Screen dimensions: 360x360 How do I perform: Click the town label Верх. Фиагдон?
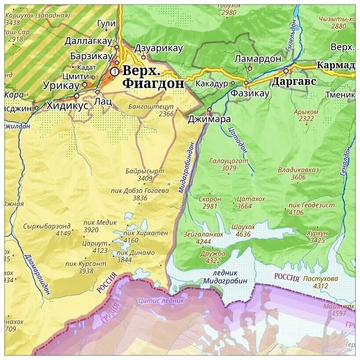[x=153, y=77]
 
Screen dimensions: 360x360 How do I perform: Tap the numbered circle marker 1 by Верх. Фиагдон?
[x=115, y=71]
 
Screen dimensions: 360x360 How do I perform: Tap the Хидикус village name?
[x=67, y=105]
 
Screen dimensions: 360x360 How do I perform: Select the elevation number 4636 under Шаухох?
[x=243, y=234]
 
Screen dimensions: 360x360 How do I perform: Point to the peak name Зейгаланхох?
[x=203, y=234]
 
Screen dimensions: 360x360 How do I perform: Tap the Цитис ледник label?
[x=161, y=301]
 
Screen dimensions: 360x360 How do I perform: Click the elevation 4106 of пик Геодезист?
[x=296, y=212]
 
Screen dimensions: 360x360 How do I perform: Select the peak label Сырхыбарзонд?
[x=48, y=226]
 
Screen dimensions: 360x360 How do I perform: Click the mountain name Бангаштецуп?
[x=151, y=107]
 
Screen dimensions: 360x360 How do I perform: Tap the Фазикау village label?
[x=250, y=93]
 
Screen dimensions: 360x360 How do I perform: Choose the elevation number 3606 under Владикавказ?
[x=298, y=177]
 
